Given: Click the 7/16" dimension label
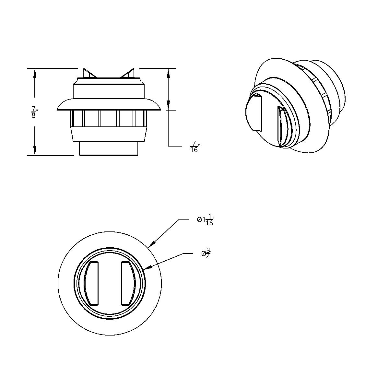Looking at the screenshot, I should pos(194,147).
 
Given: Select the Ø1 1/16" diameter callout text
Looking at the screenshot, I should pos(206,220).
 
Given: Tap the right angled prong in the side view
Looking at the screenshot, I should pos(128,73).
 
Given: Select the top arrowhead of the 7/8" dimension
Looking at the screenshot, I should pos(34,73).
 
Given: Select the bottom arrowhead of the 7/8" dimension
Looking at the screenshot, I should pos(34,151).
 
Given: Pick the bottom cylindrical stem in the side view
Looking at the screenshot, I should pos(109,149).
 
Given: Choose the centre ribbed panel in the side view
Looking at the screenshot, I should pos(110,118).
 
